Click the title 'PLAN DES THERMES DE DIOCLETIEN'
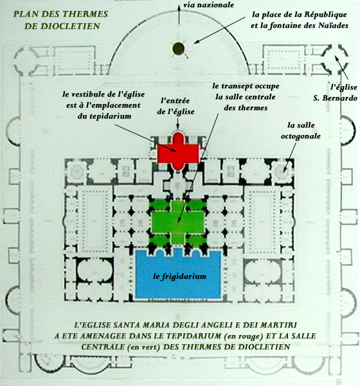coord(60,20)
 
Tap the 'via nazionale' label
coord(208,5)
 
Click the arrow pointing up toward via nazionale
coord(179,14)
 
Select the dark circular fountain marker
coord(179,48)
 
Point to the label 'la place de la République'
coord(299,15)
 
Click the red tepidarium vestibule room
coord(178,151)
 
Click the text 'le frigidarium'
coord(179,276)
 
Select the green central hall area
coord(178,222)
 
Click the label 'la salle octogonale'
coord(301,131)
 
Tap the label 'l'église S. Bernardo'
coord(336,93)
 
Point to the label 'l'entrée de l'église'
coord(175,106)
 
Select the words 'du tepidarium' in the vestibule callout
coord(104,116)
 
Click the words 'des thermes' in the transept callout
coord(246,108)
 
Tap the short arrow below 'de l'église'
coord(177,124)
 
